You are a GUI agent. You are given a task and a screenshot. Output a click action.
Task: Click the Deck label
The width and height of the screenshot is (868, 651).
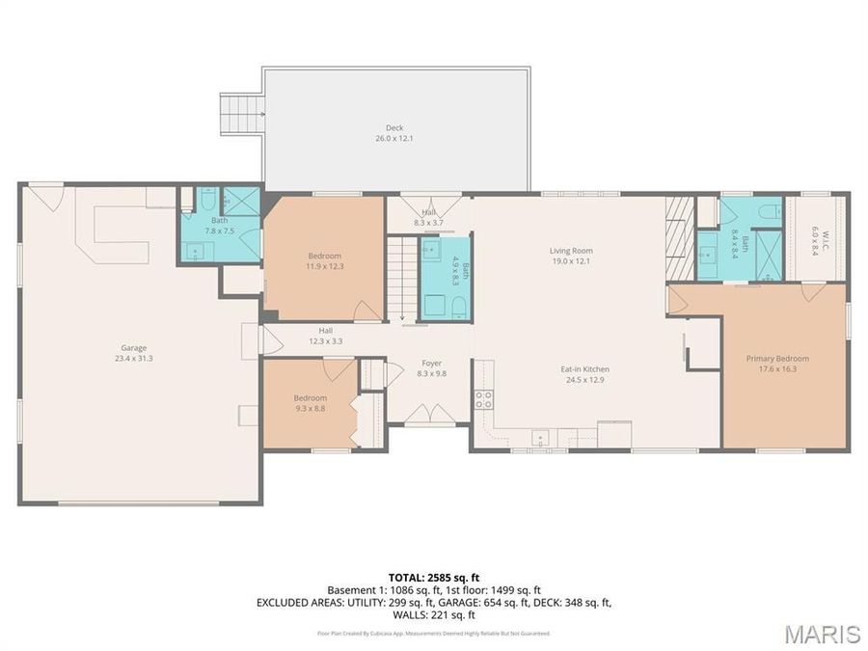coord(394,133)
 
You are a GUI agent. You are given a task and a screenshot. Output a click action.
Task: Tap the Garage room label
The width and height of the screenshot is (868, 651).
coord(133,353)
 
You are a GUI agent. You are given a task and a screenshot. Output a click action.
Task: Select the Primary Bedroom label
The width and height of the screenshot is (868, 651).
coord(777,363)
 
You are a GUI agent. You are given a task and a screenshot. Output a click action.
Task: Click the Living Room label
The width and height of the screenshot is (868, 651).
coord(570,256)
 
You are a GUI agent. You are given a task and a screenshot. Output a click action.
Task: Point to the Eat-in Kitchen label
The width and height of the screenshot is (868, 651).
coord(586,374)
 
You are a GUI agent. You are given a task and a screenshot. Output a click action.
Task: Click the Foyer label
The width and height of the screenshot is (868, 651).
coord(431,368)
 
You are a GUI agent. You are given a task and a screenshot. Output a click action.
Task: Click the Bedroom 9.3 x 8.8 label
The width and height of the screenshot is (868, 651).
coord(311,403)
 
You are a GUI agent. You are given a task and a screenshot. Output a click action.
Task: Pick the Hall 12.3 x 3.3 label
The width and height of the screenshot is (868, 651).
coord(326,336)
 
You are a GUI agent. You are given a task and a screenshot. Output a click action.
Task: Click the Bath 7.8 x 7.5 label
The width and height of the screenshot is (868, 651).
coord(219,226)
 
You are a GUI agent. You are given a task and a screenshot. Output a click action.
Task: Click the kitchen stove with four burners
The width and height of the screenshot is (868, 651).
coord(483,398)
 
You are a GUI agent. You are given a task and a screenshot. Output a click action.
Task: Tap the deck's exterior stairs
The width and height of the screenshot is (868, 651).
coord(241,115)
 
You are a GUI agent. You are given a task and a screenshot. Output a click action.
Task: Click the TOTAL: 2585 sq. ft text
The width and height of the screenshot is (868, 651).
coord(433,577)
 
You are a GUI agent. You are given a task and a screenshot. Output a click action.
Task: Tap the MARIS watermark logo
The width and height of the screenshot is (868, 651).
coord(822,634)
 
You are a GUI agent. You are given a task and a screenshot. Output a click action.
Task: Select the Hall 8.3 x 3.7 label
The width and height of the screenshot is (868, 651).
coord(428,217)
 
